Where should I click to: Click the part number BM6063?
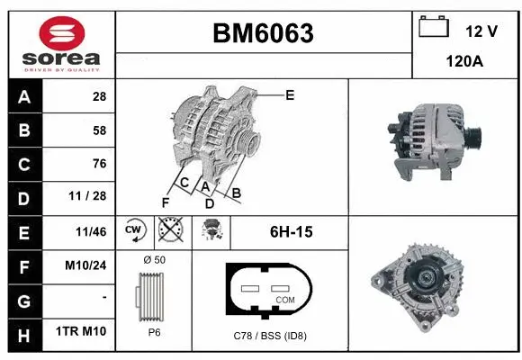[263, 33]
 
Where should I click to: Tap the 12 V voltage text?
[481, 31]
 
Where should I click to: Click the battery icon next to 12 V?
[434, 28]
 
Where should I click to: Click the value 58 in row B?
[99, 130]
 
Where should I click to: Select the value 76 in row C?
[99, 164]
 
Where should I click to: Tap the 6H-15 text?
[291, 232]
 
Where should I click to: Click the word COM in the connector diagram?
[285, 300]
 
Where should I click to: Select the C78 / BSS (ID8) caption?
[270, 336]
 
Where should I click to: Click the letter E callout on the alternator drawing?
[290, 94]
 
